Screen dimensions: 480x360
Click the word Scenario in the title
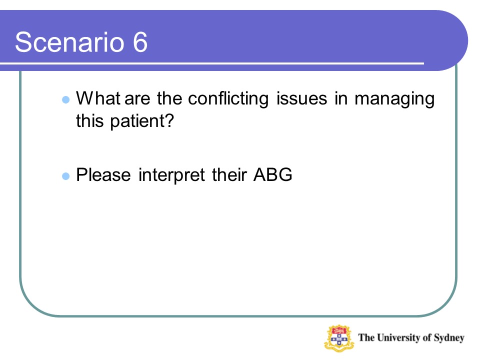(69, 42)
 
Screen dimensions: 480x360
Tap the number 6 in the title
(140, 42)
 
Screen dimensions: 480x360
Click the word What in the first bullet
(98, 98)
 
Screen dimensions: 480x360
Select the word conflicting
(228, 99)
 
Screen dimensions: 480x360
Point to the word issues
(302, 98)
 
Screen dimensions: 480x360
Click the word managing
(394, 99)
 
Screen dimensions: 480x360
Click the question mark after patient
(170, 120)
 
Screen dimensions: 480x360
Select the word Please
(103, 175)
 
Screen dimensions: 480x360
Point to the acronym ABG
(273, 175)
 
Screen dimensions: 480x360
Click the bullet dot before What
(66, 99)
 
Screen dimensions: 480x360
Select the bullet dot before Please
(66, 176)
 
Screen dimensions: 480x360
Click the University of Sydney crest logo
(339, 338)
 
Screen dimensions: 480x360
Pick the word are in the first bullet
(137, 100)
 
